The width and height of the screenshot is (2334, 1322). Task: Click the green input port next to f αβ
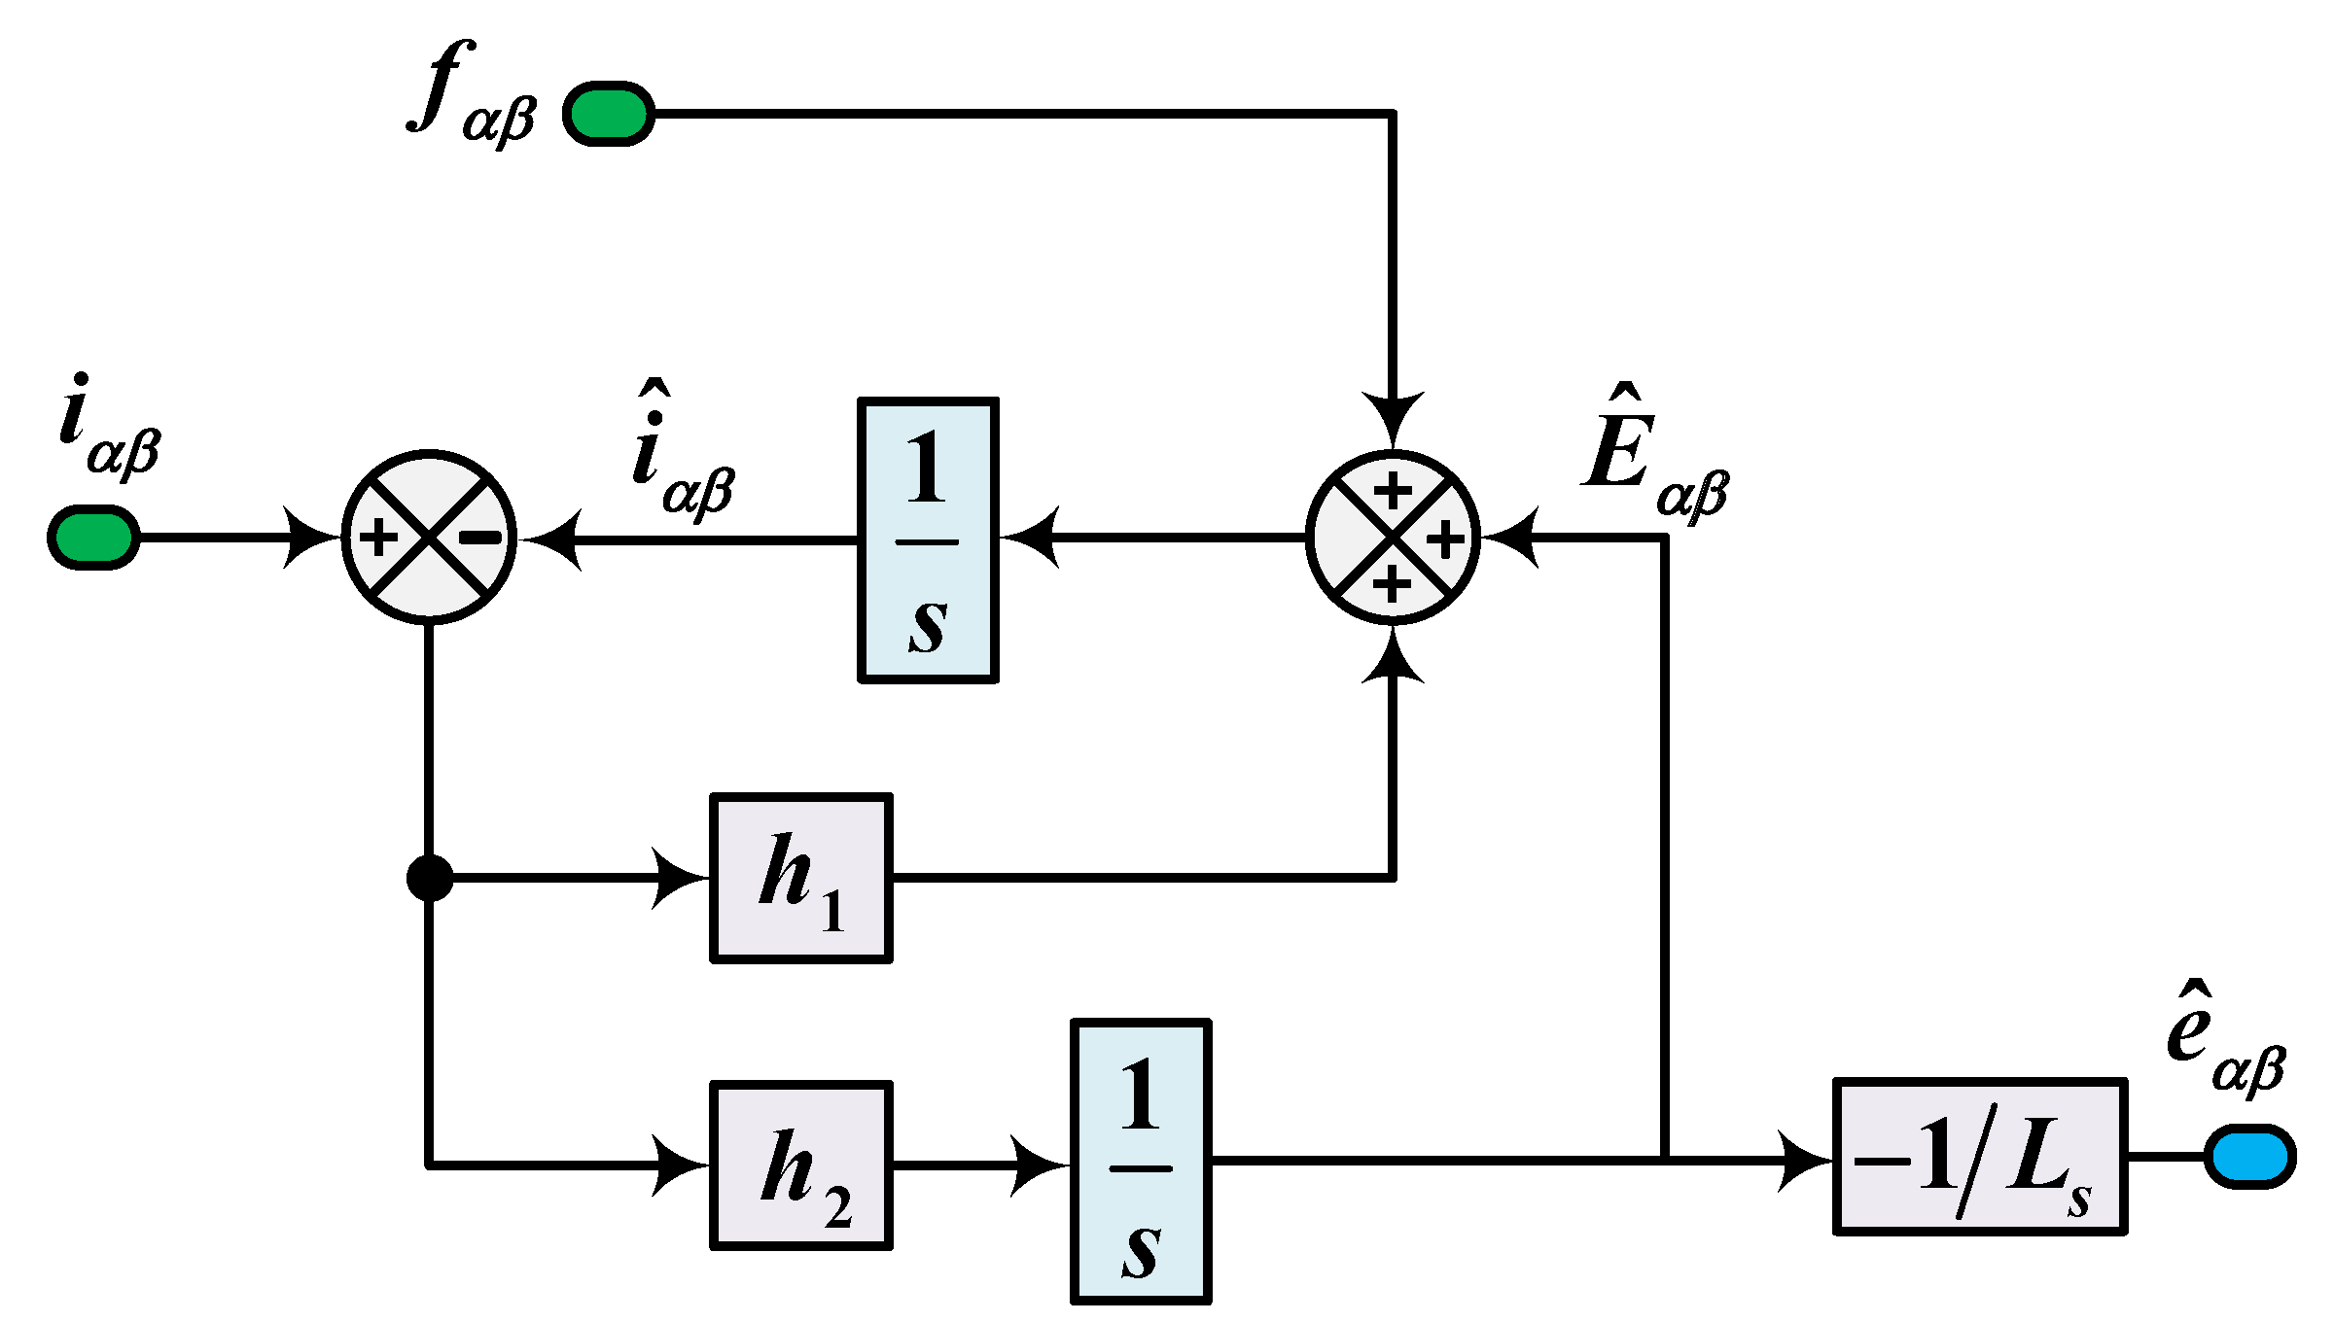point(609,114)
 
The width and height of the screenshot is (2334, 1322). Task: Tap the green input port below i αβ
point(93,537)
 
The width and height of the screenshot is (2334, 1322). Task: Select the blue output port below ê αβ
point(2249,1156)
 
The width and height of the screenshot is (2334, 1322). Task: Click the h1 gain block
point(801,878)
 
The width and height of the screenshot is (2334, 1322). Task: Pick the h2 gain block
point(801,1165)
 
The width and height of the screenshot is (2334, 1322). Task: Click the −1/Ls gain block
point(1980,1156)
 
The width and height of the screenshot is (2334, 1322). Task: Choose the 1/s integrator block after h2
point(1141,1162)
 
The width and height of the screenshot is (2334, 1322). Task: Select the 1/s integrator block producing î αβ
point(928,539)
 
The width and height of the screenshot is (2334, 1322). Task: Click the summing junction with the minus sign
point(429,537)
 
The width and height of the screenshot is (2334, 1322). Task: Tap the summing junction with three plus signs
point(1393,537)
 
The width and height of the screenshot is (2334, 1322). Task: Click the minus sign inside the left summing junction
point(480,537)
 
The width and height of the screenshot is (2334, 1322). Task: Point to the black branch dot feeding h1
point(429,878)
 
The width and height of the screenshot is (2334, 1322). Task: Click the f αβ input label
point(472,95)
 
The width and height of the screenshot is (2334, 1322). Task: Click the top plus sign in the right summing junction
point(1393,490)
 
